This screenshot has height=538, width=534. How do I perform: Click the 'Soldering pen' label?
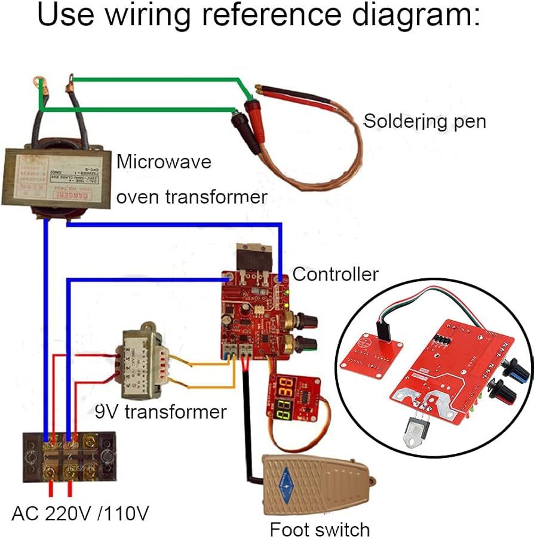(x=425, y=121)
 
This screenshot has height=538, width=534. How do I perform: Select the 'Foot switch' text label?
(x=320, y=529)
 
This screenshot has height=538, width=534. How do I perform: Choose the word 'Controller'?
(x=335, y=274)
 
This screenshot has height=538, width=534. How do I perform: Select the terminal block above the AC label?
(x=67, y=457)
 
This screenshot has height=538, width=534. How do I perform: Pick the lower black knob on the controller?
(x=308, y=345)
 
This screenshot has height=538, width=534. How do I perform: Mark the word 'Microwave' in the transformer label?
(x=164, y=162)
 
